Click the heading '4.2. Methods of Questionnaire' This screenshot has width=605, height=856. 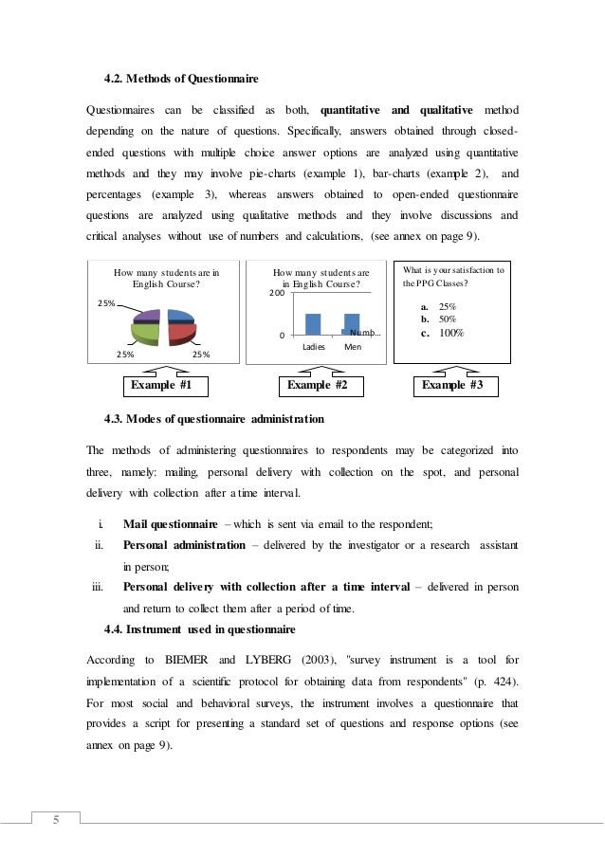pyautogui.click(x=180, y=76)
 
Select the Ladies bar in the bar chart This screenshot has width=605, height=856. pyautogui.click(x=313, y=324)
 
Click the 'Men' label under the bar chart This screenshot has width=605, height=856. pyautogui.click(x=352, y=347)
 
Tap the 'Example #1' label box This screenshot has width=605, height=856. pyautogui.click(x=161, y=386)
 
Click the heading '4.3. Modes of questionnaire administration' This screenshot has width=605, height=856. pyautogui.click(x=213, y=418)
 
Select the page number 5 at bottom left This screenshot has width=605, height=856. pyautogui.click(x=55, y=821)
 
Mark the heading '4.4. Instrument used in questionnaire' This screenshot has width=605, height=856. pyautogui.click(x=200, y=629)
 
